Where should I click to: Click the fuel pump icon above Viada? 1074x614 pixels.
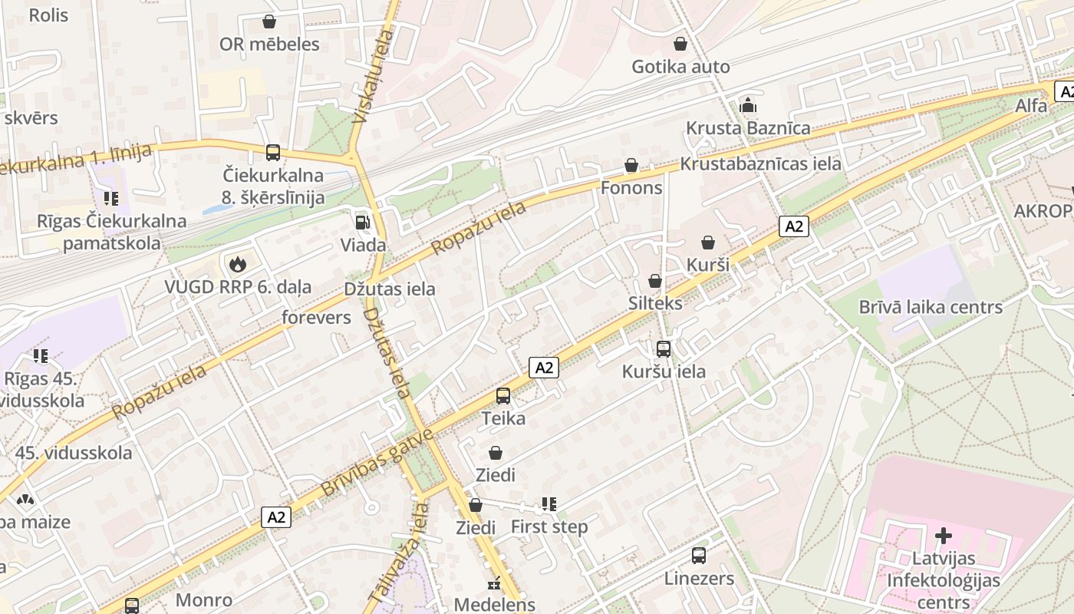[x=361, y=223]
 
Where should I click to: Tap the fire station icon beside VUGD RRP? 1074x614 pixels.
[x=237, y=265]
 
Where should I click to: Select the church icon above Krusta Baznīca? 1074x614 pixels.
[x=748, y=105]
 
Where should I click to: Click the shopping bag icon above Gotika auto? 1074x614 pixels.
[x=680, y=44]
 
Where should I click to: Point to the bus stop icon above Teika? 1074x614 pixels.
[x=503, y=396]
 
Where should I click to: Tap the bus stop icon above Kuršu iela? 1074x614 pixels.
[x=664, y=349]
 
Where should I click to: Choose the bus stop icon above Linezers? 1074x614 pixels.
[x=699, y=555]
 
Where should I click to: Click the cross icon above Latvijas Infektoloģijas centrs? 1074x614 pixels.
[x=944, y=536]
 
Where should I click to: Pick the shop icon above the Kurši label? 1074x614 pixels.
[x=708, y=243]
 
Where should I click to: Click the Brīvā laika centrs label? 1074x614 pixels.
[x=931, y=307]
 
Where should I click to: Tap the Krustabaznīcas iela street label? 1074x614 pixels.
[x=760, y=163]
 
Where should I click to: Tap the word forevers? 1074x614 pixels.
[x=316, y=318]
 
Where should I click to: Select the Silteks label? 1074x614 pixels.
[x=655, y=303]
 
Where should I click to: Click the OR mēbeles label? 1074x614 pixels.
[x=269, y=44]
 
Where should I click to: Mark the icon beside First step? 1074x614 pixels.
[x=549, y=504]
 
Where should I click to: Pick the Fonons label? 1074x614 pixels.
[x=631, y=188]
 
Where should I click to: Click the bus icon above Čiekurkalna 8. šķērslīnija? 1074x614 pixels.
[x=273, y=153]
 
